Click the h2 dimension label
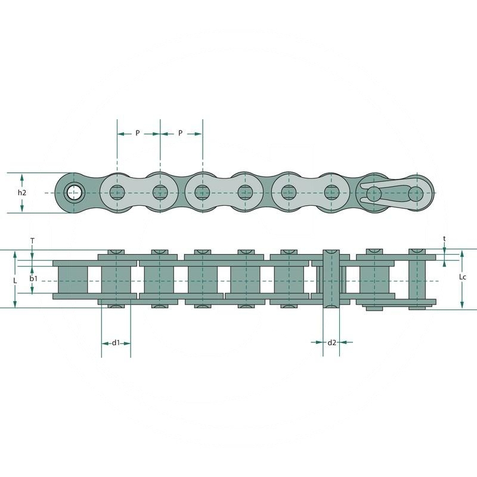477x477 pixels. point(22,193)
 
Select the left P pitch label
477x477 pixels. point(137,134)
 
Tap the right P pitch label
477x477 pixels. point(180,134)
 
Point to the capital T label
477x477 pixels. point(32,240)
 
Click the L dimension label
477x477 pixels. point(16,278)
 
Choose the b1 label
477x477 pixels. point(33,278)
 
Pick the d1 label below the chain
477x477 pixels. point(116,342)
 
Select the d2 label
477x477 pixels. point(332,342)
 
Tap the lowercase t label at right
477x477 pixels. point(445,238)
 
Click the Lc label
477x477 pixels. point(463,278)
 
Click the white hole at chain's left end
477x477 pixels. point(74,193)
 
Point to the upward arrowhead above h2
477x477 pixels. point(22,177)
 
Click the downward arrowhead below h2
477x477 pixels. point(22,209)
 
